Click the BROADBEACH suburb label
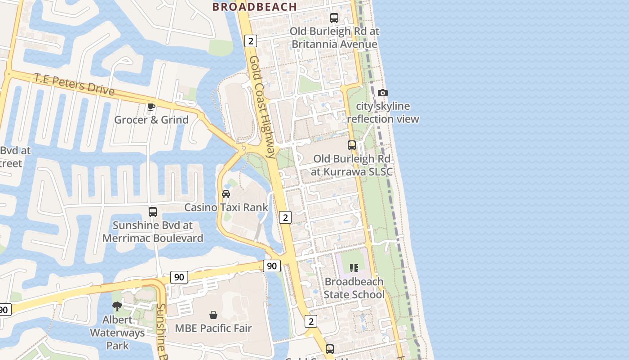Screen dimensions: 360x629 (254, 7)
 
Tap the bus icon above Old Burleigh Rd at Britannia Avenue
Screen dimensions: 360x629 (334, 18)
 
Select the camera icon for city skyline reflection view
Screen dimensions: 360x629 (383, 93)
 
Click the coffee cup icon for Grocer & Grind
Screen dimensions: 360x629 (151, 107)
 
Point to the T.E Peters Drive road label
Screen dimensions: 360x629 (74, 84)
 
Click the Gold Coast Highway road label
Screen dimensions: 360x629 (262, 107)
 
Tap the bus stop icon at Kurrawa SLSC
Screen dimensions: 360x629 (352, 145)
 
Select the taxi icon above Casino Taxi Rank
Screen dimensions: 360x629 (226, 194)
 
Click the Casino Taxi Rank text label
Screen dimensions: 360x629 (226, 207)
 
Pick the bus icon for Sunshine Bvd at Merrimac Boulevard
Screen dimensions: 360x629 (153, 211)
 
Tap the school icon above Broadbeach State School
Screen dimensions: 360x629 (354, 268)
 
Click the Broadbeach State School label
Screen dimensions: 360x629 (354, 288)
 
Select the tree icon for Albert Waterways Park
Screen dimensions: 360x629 (117, 306)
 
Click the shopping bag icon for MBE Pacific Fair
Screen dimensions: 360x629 (213, 315)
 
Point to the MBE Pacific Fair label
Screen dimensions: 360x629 (213, 328)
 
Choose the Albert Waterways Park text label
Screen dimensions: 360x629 (117, 333)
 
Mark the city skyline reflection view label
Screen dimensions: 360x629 (383, 112)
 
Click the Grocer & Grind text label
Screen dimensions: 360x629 (151, 120)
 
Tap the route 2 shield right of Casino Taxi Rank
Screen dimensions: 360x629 (285, 217)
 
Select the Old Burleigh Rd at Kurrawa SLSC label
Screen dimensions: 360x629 (352, 165)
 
